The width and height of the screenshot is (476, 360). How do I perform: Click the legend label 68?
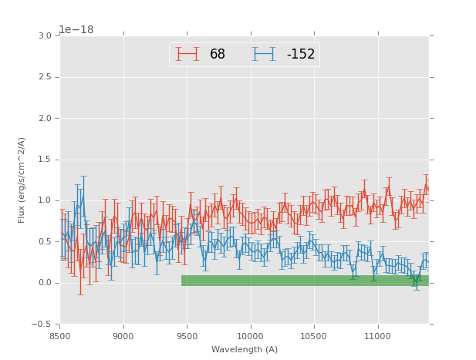218,55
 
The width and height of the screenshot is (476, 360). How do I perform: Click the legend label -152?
301,55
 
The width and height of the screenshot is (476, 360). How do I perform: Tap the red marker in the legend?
187,54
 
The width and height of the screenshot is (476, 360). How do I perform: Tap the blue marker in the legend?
265,54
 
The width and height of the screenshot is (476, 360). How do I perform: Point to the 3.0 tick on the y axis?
45,36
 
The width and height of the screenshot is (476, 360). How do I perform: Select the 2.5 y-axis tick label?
45,77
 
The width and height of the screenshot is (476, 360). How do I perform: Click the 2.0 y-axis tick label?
45,119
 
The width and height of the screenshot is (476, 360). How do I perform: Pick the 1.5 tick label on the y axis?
45,160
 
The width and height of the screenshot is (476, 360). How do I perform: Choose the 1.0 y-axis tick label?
45,200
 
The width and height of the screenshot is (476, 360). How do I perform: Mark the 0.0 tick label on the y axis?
45,283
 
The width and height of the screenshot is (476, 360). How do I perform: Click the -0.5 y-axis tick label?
42,324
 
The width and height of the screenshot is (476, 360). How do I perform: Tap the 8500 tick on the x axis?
60,335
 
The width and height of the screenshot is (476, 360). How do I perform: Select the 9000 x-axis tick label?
123,335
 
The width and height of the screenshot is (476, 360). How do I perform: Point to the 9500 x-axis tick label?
187,335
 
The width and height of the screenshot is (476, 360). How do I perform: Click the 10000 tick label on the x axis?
251,335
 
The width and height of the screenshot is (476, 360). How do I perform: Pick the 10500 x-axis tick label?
314,335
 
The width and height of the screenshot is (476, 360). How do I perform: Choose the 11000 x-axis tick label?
377,335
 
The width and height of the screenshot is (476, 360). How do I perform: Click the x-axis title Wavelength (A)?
245,350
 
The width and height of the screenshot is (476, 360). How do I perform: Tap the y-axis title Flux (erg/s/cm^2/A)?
22,180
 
